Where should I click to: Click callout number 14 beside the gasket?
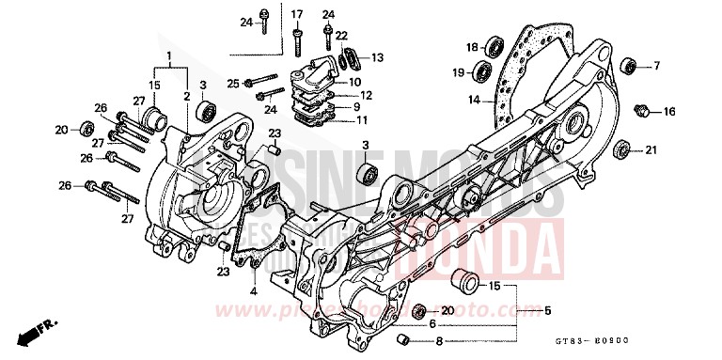(x=476, y=99)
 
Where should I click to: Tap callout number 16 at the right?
(x=669, y=112)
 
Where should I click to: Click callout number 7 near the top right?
(x=656, y=66)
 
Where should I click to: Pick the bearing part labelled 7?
(x=628, y=65)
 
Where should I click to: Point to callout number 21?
(x=651, y=150)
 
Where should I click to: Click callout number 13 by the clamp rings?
(x=377, y=58)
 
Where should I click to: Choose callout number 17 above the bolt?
(x=297, y=14)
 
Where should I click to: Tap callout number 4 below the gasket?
(x=253, y=291)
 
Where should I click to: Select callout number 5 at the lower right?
(x=548, y=310)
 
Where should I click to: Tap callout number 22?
(x=341, y=35)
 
